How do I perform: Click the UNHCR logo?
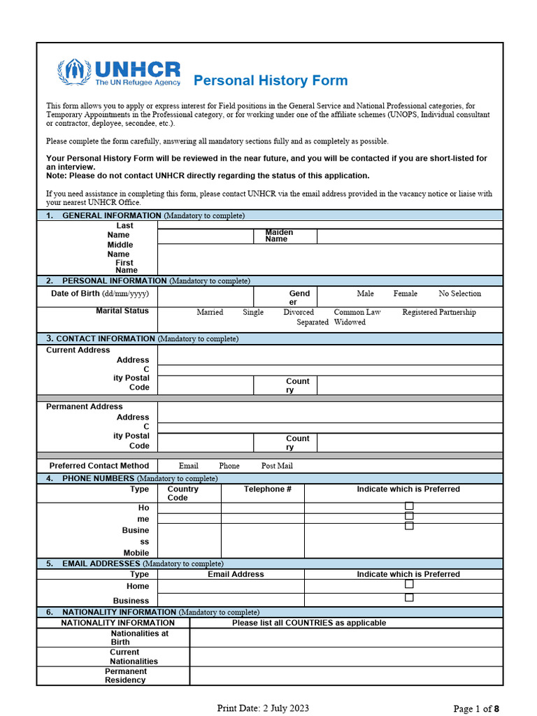click(x=120, y=73)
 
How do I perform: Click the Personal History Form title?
click(x=270, y=80)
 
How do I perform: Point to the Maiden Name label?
click(x=279, y=236)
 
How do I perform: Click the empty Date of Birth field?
click(x=205, y=297)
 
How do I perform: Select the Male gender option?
click(x=365, y=294)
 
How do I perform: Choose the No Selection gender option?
click(x=459, y=294)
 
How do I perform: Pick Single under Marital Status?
click(x=253, y=313)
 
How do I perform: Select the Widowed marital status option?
click(x=350, y=322)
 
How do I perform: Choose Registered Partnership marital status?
click(x=438, y=313)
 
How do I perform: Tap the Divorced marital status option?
click(x=299, y=313)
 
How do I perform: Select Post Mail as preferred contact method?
click(x=277, y=466)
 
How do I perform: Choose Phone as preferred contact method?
click(x=229, y=466)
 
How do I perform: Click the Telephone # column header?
click(x=267, y=489)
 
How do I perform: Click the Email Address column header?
click(x=236, y=574)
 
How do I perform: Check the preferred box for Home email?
click(x=409, y=585)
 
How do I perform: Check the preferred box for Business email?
click(x=409, y=598)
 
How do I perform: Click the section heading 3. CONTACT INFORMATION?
click(x=101, y=338)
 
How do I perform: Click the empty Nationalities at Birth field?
click(x=345, y=637)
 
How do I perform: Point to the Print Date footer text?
click(x=263, y=708)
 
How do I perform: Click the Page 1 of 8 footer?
click(x=476, y=708)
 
